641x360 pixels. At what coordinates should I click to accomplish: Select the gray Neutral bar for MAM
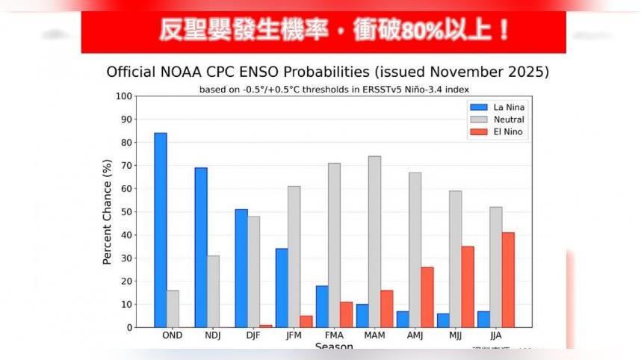pyautogui.click(x=374, y=242)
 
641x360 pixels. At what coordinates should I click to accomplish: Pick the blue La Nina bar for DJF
pyautogui.click(x=241, y=268)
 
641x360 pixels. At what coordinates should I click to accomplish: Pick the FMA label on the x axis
pyautogui.click(x=334, y=335)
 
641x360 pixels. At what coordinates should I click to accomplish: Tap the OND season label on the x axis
pyautogui.click(x=173, y=335)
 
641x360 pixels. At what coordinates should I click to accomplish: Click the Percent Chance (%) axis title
pyautogui.click(x=107, y=212)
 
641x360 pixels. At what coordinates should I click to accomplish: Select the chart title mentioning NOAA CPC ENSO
pyautogui.click(x=328, y=72)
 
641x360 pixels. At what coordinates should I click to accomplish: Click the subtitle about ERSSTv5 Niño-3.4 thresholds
pyautogui.click(x=327, y=90)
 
